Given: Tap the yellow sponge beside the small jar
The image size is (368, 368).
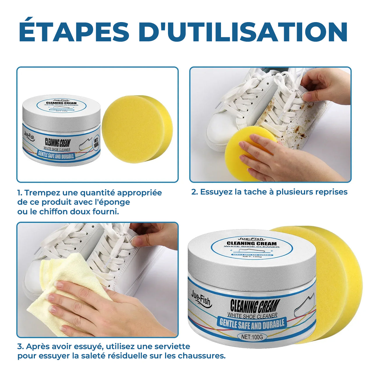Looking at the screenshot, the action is (137, 129).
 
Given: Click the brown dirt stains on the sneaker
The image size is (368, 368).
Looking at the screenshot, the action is (294, 122).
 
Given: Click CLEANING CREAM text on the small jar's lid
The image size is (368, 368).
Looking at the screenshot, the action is (61, 103).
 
